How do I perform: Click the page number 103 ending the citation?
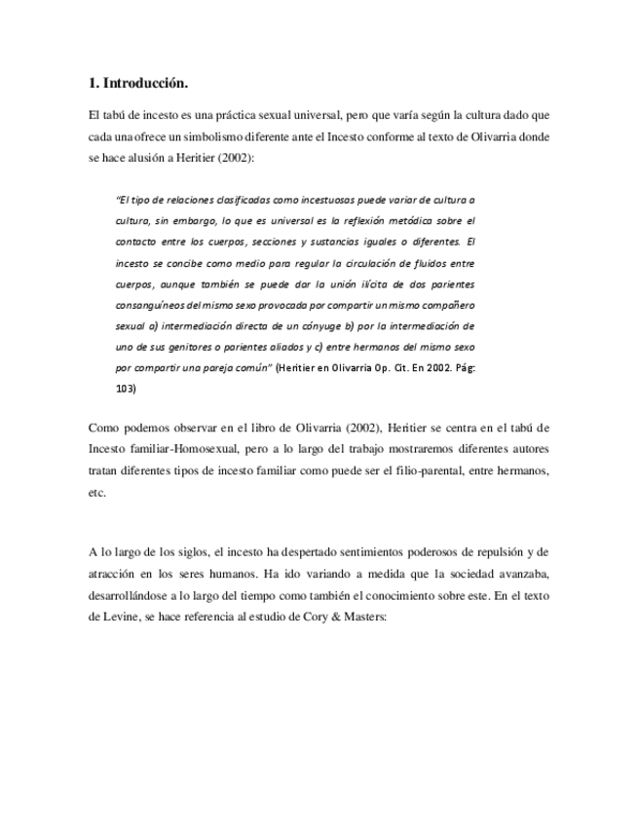pyautogui.click(x=126, y=389)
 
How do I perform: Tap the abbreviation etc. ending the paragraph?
pyautogui.click(x=96, y=493)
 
